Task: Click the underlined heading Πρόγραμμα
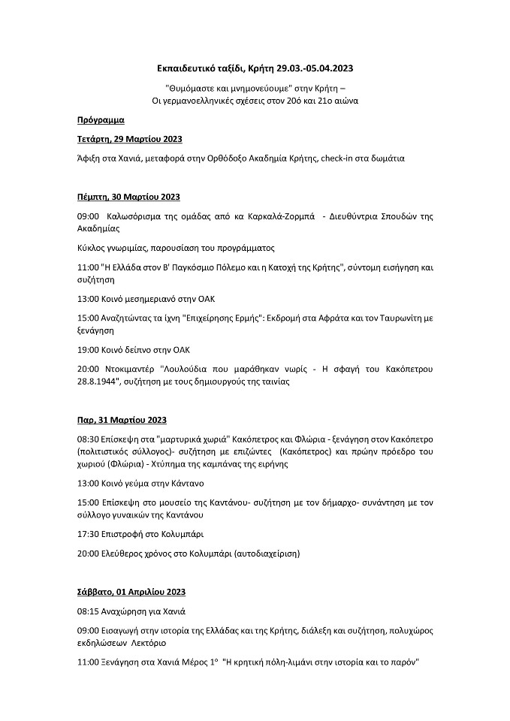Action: tap(101, 120)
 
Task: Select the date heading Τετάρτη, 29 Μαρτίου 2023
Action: tap(129, 140)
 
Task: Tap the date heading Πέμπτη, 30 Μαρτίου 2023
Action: tap(128, 197)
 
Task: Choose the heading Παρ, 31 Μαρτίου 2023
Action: tap(122, 420)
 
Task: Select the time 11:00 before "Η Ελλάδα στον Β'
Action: tap(87, 267)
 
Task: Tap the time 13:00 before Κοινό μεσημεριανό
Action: tap(87, 298)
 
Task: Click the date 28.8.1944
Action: tap(96, 382)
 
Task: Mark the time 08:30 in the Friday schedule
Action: tap(87, 439)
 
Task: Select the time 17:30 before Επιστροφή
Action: tap(87, 534)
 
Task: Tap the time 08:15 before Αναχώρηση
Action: tap(87, 611)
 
